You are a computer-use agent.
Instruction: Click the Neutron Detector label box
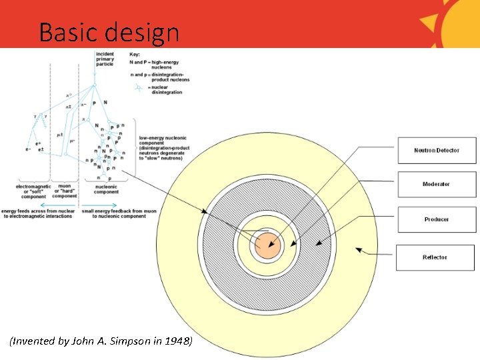(x=437, y=150)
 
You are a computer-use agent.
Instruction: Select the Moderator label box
(x=437, y=184)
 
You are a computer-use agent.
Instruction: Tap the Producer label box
(x=437, y=219)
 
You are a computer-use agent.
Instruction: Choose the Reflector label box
(x=435, y=257)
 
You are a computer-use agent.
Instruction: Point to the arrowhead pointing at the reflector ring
(x=358, y=251)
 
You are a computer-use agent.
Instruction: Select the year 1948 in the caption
(x=177, y=341)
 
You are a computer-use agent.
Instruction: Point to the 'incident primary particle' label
(x=105, y=59)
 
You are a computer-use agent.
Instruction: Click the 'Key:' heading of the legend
(x=134, y=53)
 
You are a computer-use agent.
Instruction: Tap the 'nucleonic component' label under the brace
(x=107, y=189)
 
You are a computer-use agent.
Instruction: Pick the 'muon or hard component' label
(x=65, y=191)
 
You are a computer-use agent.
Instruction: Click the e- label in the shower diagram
(x=28, y=149)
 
